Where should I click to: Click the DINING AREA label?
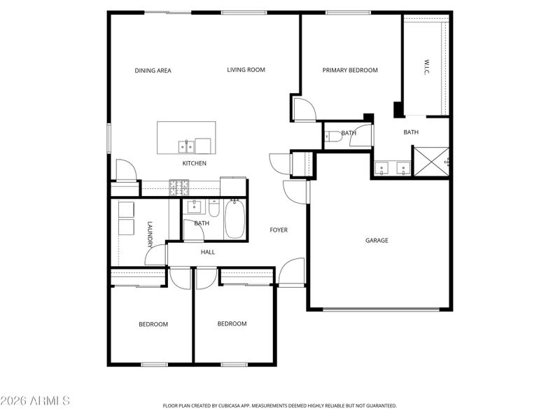(153, 71)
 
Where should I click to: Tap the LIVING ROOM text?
(246, 70)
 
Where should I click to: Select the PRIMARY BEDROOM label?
(349, 71)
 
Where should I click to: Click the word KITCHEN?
(194, 164)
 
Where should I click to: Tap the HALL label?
(208, 253)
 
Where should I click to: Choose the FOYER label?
(279, 230)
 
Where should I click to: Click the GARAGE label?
(377, 241)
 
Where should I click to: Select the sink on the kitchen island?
(186, 146)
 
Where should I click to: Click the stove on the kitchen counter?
(178, 187)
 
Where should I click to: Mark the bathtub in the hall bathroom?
(234, 219)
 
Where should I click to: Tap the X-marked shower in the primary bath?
(430, 160)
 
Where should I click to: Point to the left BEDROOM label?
(153, 324)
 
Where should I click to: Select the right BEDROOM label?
(232, 324)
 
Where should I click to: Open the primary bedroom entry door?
(304, 109)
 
